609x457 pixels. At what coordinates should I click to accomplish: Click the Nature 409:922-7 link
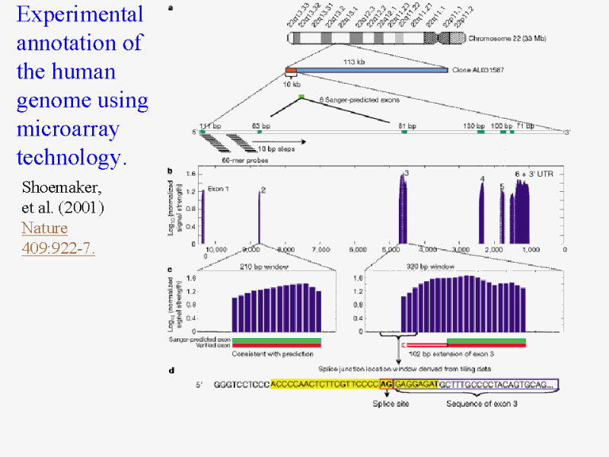[58, 238]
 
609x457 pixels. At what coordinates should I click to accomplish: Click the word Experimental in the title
[80, 14]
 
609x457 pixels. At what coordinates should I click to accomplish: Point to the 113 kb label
[355, 62]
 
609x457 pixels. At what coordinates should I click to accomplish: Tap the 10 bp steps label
[277, 149]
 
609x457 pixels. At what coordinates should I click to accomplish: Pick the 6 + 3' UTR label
[536, 174]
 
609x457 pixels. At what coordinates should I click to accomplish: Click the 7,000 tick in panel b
[320, 249]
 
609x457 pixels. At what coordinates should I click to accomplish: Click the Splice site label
[388, 403]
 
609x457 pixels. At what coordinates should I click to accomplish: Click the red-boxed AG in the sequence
[387, 385]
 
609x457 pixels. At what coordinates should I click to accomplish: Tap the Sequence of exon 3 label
[482, 403]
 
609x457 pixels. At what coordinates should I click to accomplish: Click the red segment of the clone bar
[291, 72]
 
